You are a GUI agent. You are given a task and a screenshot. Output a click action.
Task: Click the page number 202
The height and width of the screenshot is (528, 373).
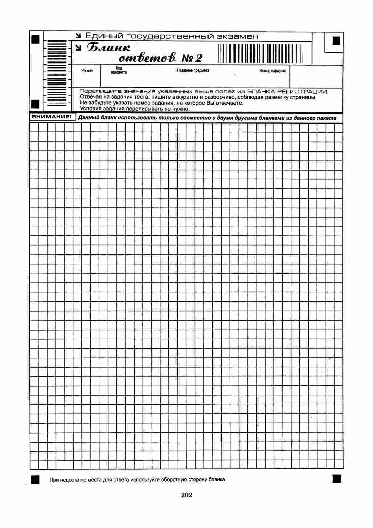tap(187, 495)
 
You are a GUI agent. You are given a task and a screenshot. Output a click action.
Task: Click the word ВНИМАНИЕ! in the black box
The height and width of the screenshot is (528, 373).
tap(52, 117)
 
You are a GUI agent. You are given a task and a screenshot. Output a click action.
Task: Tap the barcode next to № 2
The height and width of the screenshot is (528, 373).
tap(261, 53)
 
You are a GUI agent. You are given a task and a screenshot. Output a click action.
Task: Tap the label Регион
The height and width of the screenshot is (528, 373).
tap(87, 71)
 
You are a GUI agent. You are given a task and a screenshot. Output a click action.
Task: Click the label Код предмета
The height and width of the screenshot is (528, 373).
tap(119, 70)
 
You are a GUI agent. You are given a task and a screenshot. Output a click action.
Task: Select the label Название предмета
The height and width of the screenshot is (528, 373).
tap(193, 70)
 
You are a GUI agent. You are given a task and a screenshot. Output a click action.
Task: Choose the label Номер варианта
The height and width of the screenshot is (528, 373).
tap(273, 71)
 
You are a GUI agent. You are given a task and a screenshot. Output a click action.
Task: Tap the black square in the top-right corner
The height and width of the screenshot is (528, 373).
tap(336, 41)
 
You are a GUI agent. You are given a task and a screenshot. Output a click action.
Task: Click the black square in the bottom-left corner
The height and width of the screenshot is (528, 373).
tap(35, 480)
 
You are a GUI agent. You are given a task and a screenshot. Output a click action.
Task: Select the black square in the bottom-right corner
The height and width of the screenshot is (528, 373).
tap(336, 478)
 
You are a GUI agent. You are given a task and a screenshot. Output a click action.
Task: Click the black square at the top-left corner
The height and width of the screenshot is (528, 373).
tap(36, 39)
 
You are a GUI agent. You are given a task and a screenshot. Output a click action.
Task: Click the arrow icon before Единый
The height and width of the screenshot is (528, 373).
tap(79, 36)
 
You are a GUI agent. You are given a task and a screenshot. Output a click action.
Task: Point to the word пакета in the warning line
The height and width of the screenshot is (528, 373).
tap(326, 118)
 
